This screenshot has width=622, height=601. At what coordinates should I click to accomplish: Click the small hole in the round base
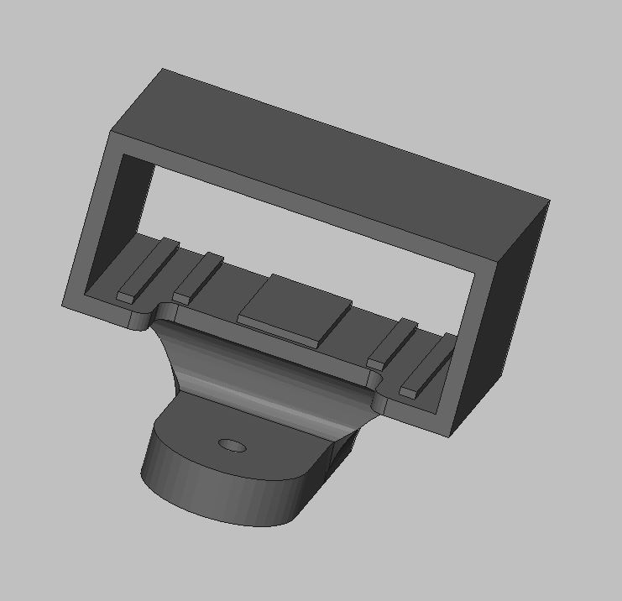pos(231,444)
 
